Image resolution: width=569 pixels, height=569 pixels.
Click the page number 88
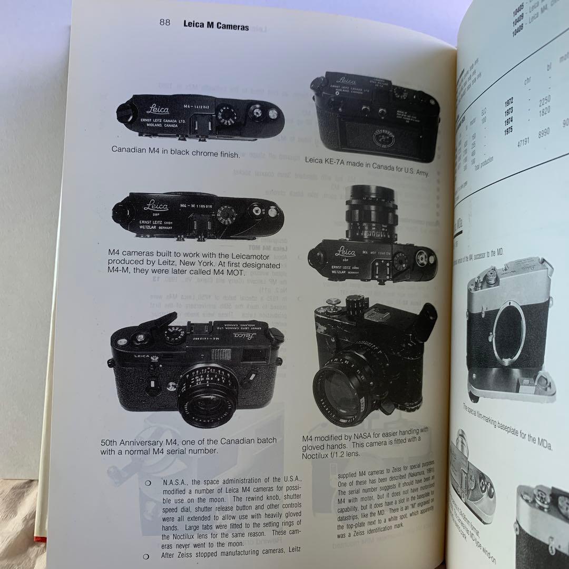click(165, 23)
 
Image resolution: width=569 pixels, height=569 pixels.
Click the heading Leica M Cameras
click(216, 25)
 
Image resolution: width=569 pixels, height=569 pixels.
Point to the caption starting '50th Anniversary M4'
click(188, 446)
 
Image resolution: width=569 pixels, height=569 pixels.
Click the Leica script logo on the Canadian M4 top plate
click(156, 109)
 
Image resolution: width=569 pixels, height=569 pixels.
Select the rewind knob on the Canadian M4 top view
click(125, 112)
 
